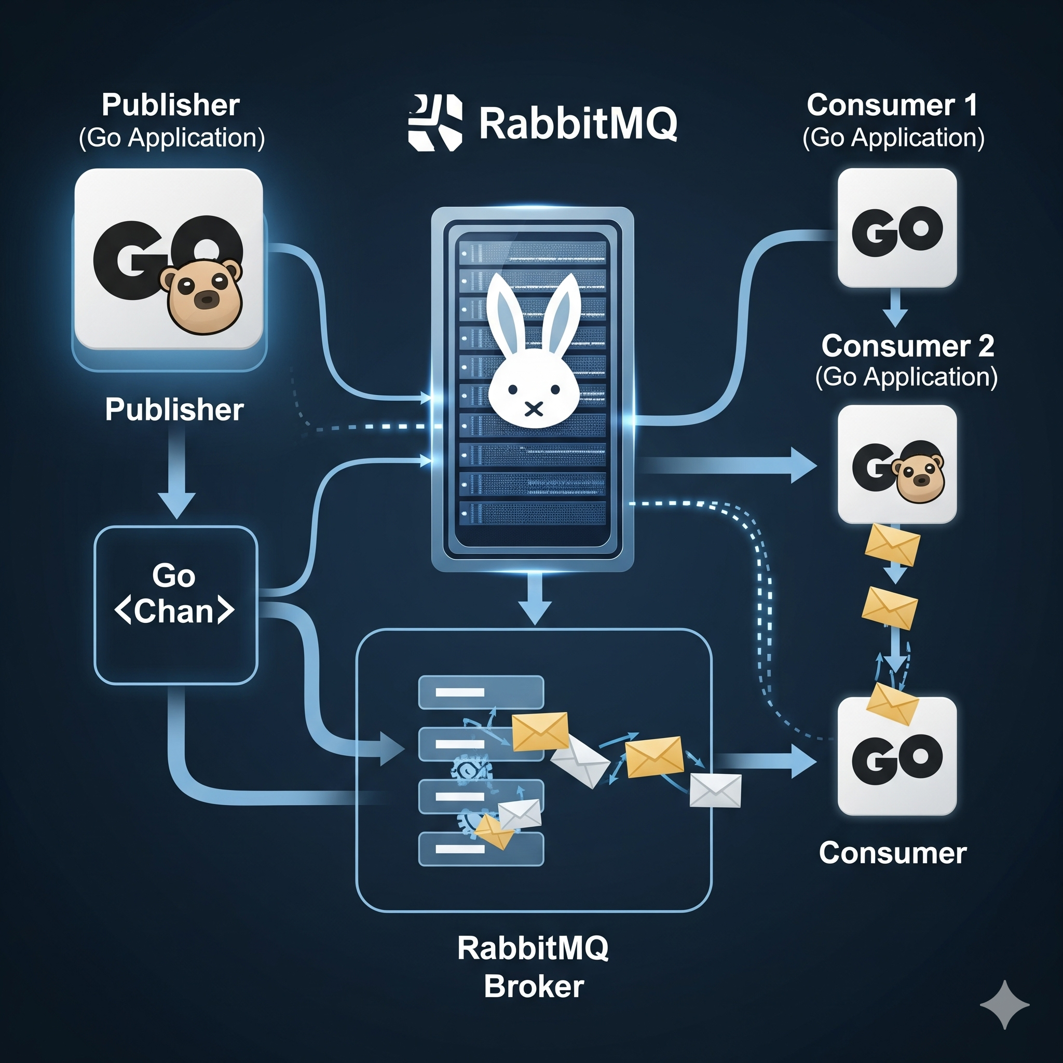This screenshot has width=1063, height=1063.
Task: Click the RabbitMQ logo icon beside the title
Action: click(434, 122)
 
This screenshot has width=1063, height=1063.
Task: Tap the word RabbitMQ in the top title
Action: click(578, 123)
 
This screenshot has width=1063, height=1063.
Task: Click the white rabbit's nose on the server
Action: click(533, 409)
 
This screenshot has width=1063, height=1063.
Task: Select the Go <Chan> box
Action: click(175, 605)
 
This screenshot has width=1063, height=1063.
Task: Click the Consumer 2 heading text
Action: click(907, 346)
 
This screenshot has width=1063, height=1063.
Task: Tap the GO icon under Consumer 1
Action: click(897, 228)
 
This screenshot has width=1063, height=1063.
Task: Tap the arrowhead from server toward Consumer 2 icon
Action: click(803, 466)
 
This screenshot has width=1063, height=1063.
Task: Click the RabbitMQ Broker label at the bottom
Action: click(533, 966)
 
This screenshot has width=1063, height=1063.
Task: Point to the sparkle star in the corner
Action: click(1005, 1005)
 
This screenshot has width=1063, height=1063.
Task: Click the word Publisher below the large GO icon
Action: click(174, 410)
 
